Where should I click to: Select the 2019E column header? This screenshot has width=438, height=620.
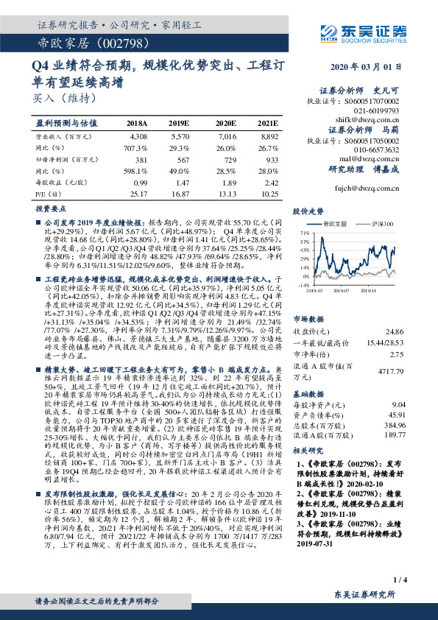179,123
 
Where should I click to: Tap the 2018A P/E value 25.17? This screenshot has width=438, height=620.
138,192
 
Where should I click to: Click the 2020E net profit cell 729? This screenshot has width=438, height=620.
227,159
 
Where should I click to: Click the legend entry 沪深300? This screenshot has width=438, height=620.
381,223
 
